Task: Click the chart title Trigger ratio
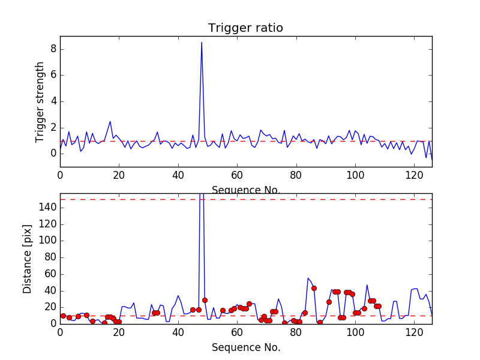click(x=245, y=28)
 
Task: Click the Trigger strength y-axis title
click(x=40, y=101)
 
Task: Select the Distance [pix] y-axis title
click(x=28, y=259)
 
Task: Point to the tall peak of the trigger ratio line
click(x=202, y=43)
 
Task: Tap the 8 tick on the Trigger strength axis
click(x=53, y=49)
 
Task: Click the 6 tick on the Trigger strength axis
click(x=53, y=75)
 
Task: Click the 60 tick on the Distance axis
click(x=49, y=274)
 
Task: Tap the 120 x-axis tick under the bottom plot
click(x=414, y=332)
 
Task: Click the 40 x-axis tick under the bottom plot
click(x=178, y=332)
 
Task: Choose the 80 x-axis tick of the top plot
click(x=296, y=175)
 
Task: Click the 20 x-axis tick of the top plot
click(x=119, y=175)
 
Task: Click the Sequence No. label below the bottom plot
click(x=245, y=347)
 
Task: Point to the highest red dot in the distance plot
click(x=314, y=288)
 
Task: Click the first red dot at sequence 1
click(x=63, y=316)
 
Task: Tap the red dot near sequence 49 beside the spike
click(x=205, y=300)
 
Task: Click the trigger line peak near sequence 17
click(x=110, y=121)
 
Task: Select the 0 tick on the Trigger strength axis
click(x=53, y=154)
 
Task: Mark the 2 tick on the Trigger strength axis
click(x=53, y=127)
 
